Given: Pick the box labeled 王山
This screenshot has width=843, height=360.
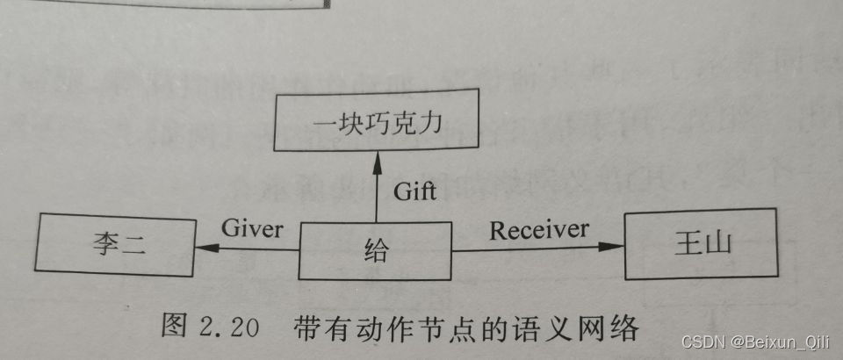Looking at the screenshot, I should click(700, 243).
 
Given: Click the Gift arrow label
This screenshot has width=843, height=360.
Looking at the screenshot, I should click(414, 191).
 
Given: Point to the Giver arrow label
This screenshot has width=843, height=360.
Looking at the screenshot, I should click(253, 229).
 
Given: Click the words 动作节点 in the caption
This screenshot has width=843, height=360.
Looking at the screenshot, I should click(426, 329).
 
